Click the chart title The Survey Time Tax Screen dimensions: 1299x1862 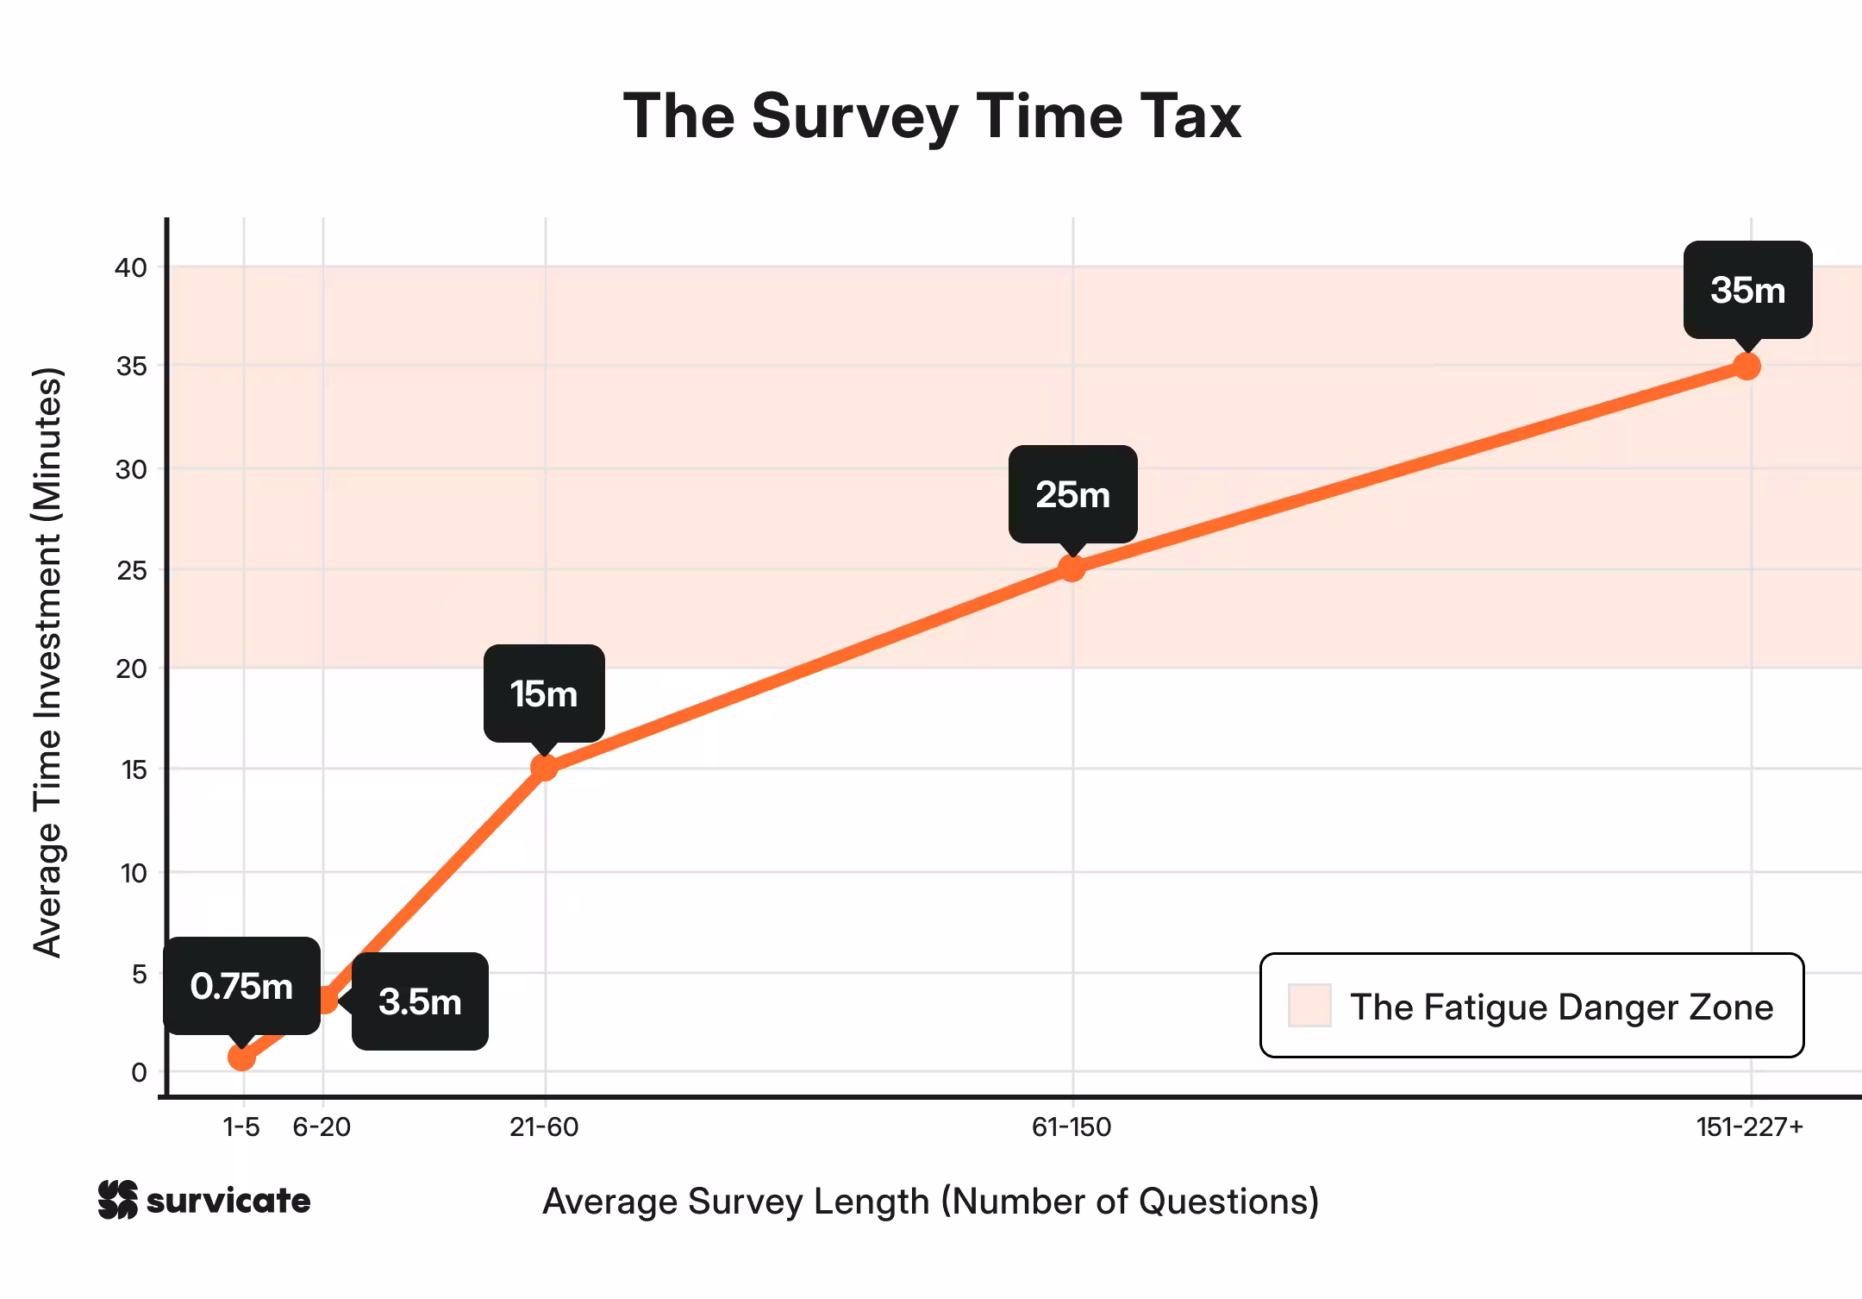(x=932, y=116)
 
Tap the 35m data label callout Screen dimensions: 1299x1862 (x=1747, y=290)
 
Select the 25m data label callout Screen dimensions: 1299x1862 (x=1072, y=494)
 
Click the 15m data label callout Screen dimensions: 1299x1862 (x=544, y=693)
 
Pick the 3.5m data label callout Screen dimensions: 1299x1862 (x=420, y=1001)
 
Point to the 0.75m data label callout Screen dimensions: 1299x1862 (x=242, y=986)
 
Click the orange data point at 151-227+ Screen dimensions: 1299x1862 (x=1746, y=367)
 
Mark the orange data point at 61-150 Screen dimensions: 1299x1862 (x=1072, y=568)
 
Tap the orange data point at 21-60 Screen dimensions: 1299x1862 (x=544, y=768)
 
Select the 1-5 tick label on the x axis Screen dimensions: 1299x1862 (x=241, y=1127)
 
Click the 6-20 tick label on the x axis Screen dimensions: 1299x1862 (x=322, y=1127)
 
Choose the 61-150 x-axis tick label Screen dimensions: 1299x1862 (x=1072, y=1127)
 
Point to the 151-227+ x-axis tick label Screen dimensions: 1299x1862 (x=1749, y=1127)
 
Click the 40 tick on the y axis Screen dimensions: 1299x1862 (x=131, y=267)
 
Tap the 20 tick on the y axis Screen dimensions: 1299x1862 (x=131, y=668)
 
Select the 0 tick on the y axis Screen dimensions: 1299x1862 (x=139, y=1072)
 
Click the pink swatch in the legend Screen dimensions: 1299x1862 (x=1309, y=1006)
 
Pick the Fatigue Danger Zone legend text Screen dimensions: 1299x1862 (x=1561, y=1007)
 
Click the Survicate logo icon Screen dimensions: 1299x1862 (x=117, y=1200)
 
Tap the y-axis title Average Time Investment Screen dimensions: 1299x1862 (x=48, y=662)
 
